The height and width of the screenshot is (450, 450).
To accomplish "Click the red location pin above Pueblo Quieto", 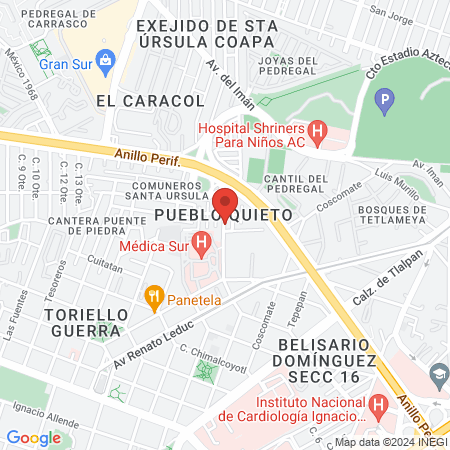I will [225, 204].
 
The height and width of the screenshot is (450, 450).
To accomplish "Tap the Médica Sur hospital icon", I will [201, 241].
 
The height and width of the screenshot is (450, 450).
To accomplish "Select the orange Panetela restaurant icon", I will [154, 295].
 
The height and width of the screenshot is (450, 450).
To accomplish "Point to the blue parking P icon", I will [385, 100].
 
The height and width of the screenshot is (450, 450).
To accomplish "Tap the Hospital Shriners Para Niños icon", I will [318, 130].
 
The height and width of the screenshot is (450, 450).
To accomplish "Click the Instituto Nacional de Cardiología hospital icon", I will [378, 406].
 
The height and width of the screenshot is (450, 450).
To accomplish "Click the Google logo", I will [33, 437].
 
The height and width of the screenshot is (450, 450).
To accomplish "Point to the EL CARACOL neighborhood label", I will [151, 101].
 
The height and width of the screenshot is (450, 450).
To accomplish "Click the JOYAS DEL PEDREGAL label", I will [287, 65].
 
